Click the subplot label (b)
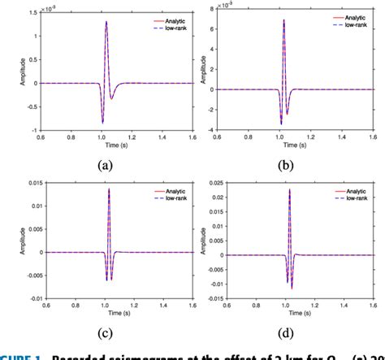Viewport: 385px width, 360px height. [286, 163]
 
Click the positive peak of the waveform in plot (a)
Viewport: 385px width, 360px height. [106, 23]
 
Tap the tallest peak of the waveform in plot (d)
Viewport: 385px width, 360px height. [288, 190]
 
